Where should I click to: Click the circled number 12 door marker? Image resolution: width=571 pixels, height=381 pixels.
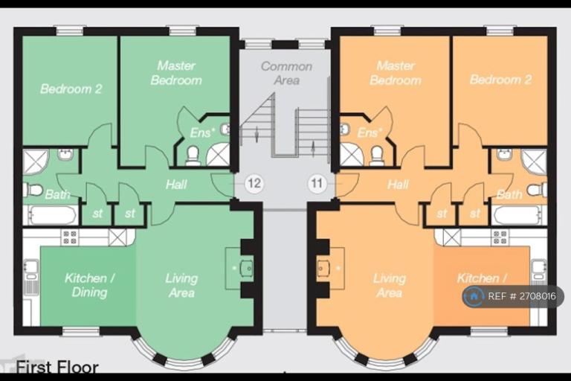pos(254,182)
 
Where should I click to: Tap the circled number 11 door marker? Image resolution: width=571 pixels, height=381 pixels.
pos(317,182)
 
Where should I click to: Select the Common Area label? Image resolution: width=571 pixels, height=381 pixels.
pos(285,73)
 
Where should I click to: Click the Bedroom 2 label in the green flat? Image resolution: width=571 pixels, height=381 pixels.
pos(71,89)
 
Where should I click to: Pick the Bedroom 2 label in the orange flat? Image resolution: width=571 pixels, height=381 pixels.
pos(500,80)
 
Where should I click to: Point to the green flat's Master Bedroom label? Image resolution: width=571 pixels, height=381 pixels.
pos(176,73)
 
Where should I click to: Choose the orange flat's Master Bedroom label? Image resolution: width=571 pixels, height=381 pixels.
pos(395,73)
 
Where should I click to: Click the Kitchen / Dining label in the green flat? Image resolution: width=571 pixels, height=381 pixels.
pos(89,285)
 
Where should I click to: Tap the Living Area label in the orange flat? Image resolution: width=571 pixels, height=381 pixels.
pos(389,285)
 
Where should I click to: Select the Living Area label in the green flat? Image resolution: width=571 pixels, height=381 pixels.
pos(181,285)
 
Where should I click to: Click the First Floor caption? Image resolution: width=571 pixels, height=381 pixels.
pos(57,367)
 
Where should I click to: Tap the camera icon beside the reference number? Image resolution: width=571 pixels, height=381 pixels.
pos(474,296)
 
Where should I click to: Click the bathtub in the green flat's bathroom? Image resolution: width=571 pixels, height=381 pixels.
pos(51,215)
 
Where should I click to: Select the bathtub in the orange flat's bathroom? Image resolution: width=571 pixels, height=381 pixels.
pos(520,215)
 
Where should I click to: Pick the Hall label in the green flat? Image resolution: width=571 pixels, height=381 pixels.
pos(176,184)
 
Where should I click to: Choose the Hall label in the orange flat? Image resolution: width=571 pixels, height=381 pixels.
pos(398,184)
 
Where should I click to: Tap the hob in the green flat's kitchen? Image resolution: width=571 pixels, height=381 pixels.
pos(69,237)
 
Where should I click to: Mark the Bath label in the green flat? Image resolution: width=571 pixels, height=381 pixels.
pos(57,195)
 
